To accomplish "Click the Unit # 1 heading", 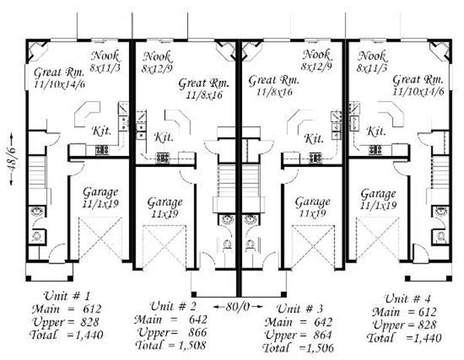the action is [67, 296].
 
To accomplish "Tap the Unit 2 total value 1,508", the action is [192, 345].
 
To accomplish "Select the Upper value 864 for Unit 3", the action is [322, 335].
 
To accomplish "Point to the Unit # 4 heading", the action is [408, 298].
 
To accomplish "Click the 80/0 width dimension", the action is [237, 307].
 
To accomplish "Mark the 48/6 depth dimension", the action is [12, 160].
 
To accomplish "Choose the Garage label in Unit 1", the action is [101, 192].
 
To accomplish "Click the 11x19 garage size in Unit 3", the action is [312, 213].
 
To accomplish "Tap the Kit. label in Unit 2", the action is [164, 138].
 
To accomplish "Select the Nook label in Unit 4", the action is [372, 56].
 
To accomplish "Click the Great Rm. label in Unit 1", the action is [60, 72].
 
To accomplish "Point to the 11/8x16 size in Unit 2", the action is [204, 95].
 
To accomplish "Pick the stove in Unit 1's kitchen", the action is [102, 150].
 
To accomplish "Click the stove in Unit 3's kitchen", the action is [316, 158].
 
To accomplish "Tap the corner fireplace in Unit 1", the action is [37, 50].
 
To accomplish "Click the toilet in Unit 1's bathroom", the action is [38, 236].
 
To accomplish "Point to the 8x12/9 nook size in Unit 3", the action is [316, 66].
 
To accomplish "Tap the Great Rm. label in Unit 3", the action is [274, 80].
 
